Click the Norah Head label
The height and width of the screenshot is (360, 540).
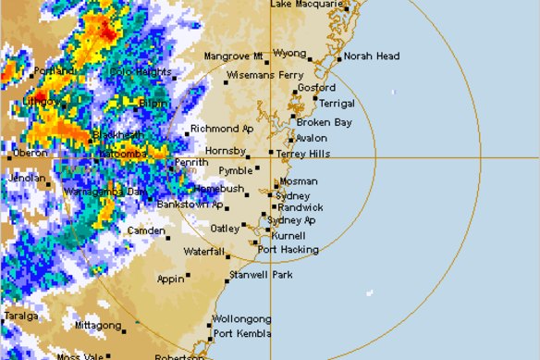tap(374, 56)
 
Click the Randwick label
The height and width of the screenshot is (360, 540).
tap(301, 208)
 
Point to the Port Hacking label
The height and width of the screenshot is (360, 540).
tap(288, 250)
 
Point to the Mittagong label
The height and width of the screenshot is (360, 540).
tap(98, 326)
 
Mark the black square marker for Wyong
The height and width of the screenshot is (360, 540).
tap(311, 61)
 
